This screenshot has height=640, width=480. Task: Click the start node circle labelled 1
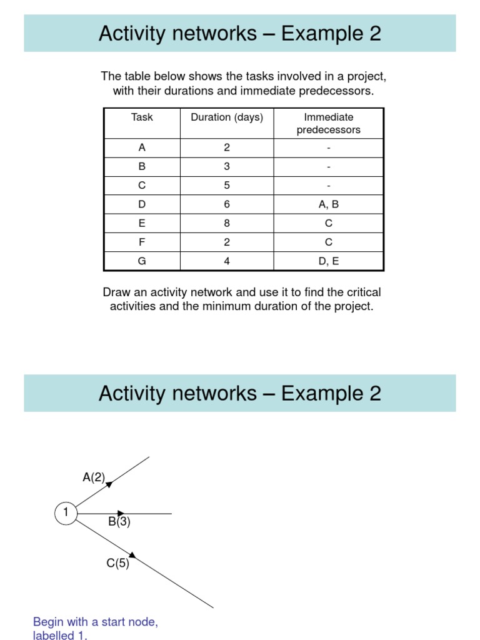(65, 514)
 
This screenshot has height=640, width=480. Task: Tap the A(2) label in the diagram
(94, 477)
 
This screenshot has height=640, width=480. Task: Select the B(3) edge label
(119, 522)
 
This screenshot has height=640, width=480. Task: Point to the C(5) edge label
(117, 563)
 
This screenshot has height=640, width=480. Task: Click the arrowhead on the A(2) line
(109, 483)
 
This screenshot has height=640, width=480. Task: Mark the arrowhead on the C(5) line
(132, 554)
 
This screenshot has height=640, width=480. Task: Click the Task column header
(142, 117)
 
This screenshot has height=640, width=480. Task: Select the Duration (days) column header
(227, 117)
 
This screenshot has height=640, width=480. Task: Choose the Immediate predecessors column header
(328, 124)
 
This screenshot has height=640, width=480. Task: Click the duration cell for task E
(227, 223)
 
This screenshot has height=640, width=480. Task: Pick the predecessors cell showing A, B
(328, 204)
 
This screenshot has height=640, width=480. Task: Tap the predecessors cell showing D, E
(328, 261)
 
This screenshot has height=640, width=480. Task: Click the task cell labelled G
(142, 261)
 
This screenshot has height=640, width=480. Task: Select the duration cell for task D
(227, 204)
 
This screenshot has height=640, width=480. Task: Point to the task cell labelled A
(142, 148)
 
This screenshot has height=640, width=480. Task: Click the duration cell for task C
(227, 186)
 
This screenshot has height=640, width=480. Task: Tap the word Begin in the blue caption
(48, 622)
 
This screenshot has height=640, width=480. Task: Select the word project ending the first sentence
(368, 77)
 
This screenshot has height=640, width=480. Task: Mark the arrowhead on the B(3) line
(121, 514)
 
